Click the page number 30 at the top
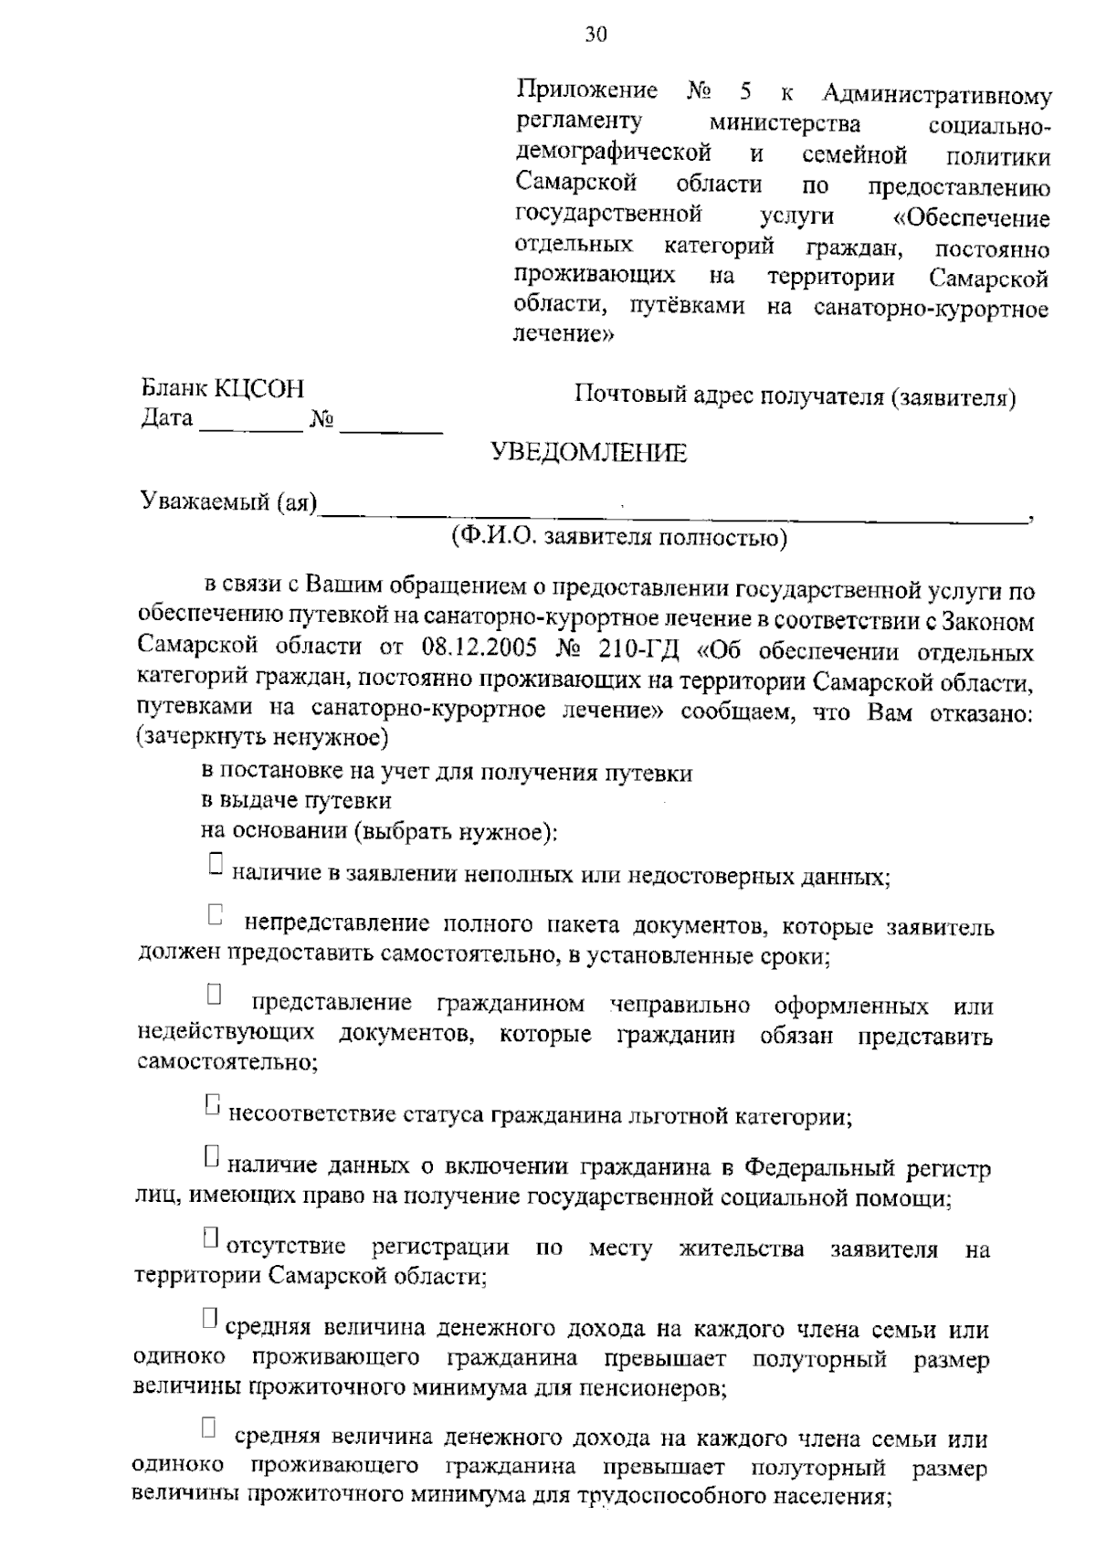[595, 35]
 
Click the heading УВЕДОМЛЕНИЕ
[589, 453]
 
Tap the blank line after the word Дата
[250, 422]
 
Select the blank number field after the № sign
[391, 422]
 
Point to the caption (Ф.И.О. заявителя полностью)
[618, 538]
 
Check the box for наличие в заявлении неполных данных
[216, 863]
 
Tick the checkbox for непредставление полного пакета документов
[216, 914]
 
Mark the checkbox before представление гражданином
[214, 994]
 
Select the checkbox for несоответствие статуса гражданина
[213, 1104]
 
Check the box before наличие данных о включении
[212, 1156]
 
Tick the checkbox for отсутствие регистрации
[211, 1238]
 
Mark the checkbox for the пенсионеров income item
[210, 1317]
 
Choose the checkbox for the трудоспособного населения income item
[209, 1427]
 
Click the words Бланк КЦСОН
[222, 389]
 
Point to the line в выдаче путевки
[296, 801]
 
